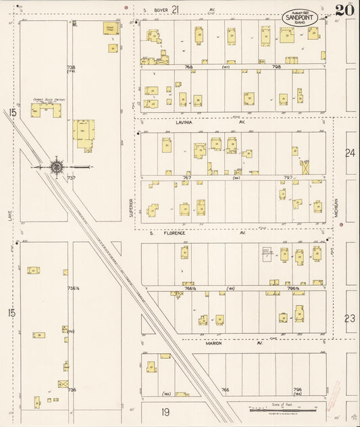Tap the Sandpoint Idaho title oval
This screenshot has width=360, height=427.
[x=302, y=18]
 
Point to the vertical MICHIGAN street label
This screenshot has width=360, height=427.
[x=336, y=207]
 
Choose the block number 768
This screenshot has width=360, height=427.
[x=188, y=67]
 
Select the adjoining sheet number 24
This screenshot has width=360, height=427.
[x=349, y=153]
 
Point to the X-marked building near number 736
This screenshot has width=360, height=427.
[x=63, y=384]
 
